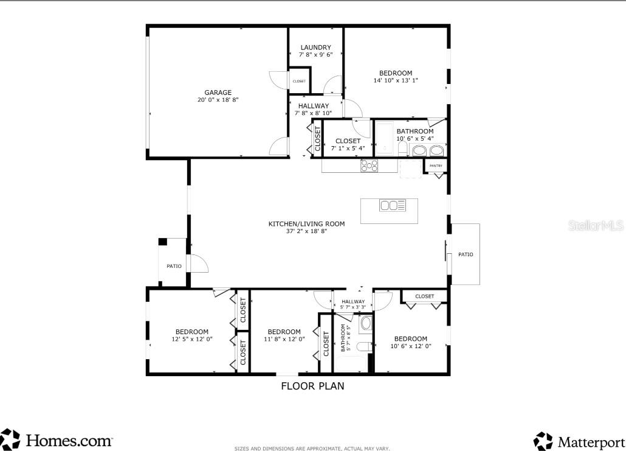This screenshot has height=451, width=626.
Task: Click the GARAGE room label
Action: (218, 93)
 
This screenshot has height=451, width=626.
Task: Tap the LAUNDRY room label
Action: (315, 47)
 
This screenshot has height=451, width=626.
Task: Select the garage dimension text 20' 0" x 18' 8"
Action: (218, 100)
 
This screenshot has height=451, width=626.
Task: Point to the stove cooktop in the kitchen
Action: (369, 165)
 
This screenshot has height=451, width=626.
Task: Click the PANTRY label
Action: (436, 166)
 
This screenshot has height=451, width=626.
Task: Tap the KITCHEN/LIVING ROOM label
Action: (306, 223)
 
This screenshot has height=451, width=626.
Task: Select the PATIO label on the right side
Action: (466, 254)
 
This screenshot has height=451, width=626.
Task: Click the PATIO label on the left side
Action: (174, 266)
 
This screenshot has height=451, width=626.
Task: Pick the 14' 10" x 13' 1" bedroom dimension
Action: (396, 80)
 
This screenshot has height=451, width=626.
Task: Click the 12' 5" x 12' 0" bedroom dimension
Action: (192, 339)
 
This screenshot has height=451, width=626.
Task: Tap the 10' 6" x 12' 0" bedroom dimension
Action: (410, 346)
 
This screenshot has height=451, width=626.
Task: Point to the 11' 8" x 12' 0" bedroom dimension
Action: (284, 339)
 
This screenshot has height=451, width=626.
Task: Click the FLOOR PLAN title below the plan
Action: (312, 386)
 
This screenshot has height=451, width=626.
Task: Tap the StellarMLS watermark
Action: (596, 225)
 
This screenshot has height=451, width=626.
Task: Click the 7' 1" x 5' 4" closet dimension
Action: (348, 148)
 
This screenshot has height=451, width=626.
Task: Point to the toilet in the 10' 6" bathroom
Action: (402, 150)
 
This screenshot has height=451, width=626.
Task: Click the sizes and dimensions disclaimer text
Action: (312, 449)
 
